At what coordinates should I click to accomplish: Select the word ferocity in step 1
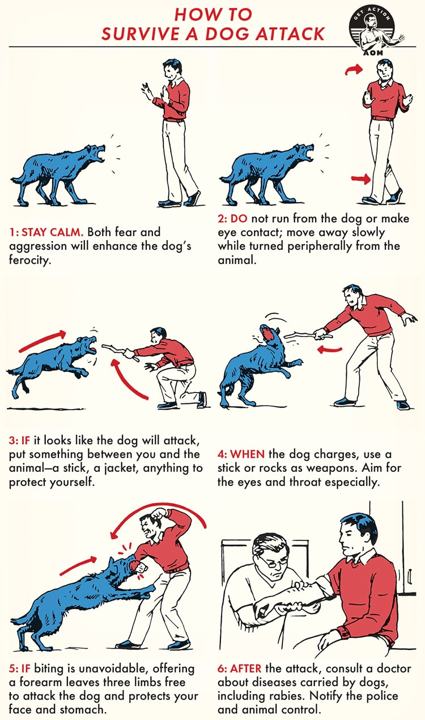30,259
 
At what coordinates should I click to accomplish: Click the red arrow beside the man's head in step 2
354,70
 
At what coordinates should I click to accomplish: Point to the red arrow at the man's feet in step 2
361,178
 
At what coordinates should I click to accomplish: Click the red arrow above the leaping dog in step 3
42,340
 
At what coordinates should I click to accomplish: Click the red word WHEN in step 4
247,454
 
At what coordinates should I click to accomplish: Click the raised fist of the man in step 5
160,513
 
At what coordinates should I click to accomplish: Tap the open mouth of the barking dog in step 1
99,154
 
